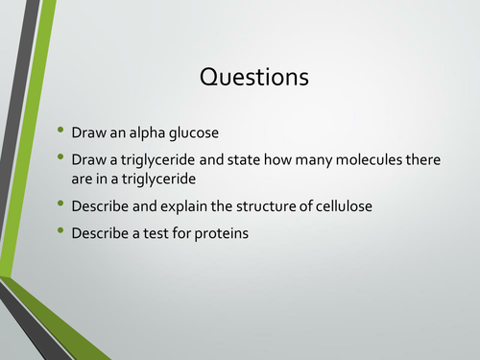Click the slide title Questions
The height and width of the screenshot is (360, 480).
pos(254,77)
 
